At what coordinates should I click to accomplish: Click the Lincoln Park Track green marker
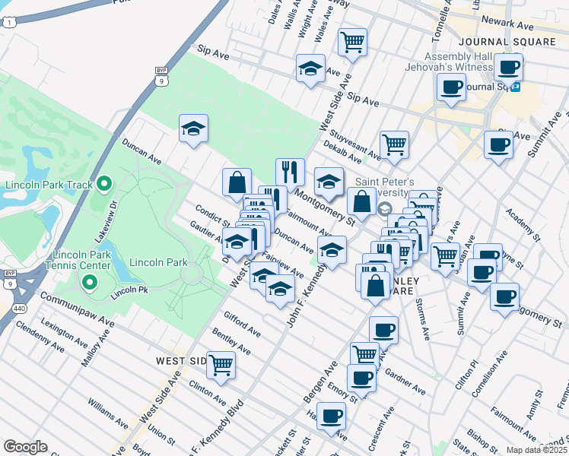pyautogui.click(x=105, y=184)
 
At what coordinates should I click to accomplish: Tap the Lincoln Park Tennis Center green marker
pyautogui.click(x=89, y=283)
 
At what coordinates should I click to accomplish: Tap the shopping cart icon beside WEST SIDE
pyautogui.click(x=221, y=366)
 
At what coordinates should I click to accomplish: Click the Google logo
pyautogui.click(x=26, y=446)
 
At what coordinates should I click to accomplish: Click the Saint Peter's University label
pyautogui.click(x=385, y=188)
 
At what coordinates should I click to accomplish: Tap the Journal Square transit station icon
pyautogui.click(x=515, y=87)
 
